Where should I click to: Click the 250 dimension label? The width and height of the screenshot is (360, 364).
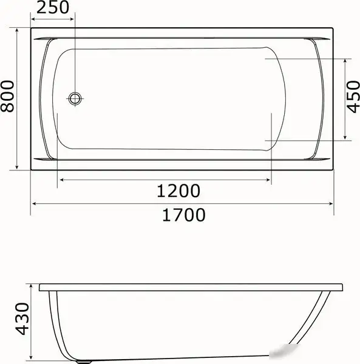[53, 8]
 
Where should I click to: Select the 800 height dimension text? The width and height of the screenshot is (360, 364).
[8, 97]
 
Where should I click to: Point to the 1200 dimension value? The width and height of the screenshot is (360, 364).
[178, 191]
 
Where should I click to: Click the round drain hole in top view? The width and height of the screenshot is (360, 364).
[75, 98]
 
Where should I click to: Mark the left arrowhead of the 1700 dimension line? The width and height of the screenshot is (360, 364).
[35, 204]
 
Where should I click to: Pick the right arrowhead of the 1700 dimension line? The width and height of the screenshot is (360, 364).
[331, 204]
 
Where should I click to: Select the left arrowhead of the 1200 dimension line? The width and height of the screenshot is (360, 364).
[60, 180]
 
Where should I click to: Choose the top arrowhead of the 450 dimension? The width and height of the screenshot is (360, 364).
[345, 61]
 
